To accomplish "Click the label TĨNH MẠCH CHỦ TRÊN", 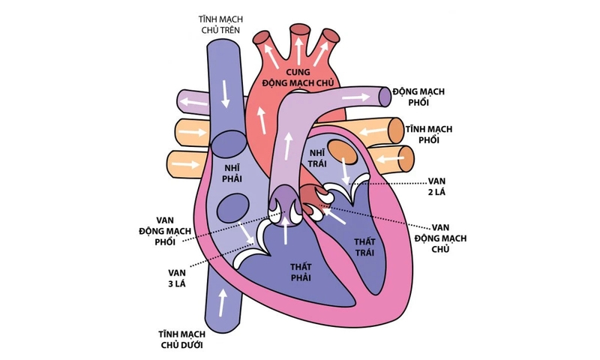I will point(214,22).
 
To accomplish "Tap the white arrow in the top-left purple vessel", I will point(196,98).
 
